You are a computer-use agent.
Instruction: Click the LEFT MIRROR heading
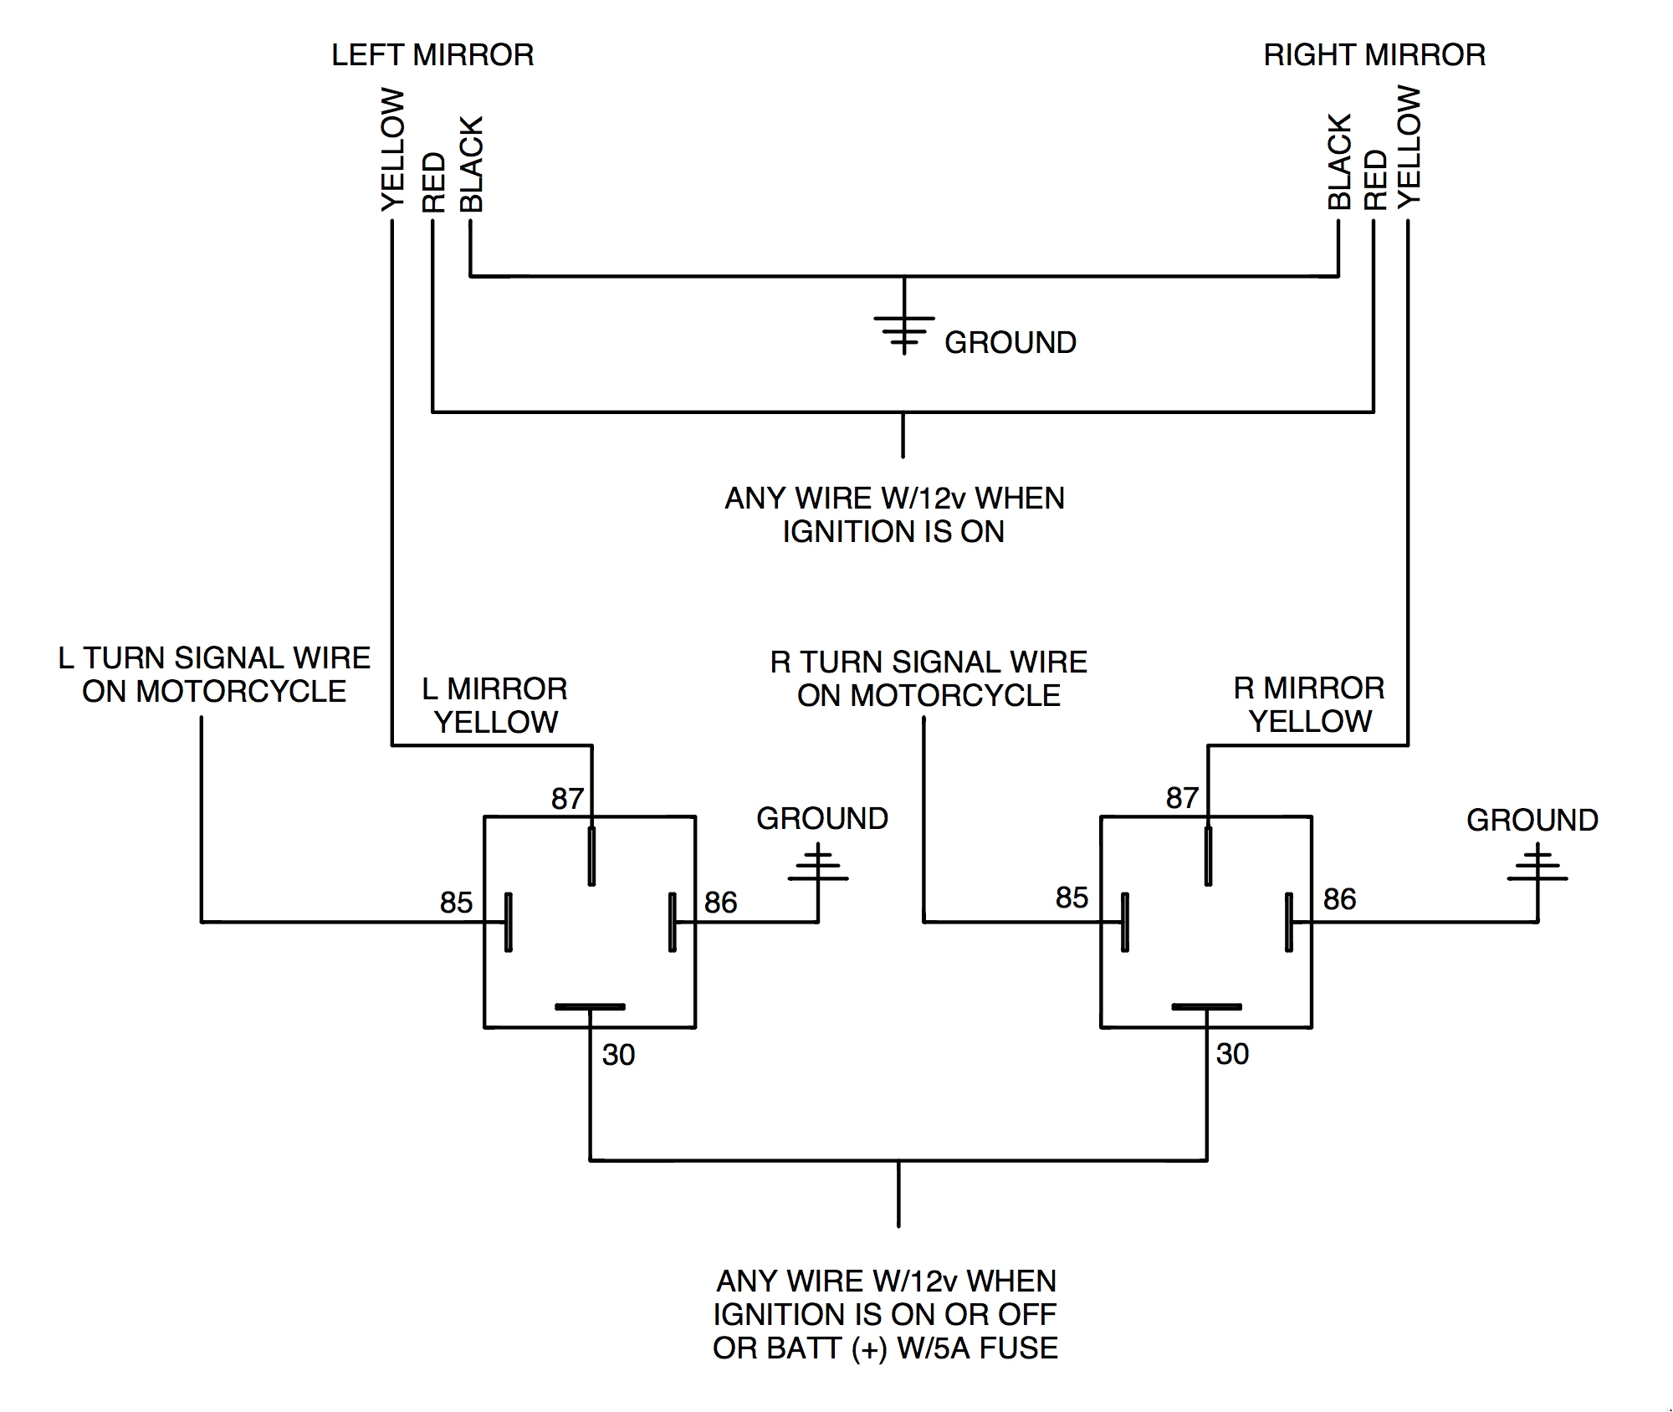[432, 55]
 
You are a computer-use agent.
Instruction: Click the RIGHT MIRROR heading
[1374, 55]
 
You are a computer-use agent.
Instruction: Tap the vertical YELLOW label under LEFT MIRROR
[392, 151]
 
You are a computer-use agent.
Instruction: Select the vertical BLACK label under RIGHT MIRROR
[1339, 162]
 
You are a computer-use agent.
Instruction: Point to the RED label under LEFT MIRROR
[433, 182]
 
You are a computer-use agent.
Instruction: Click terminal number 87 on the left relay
[566, 799]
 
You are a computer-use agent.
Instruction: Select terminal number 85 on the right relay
[1072, 898]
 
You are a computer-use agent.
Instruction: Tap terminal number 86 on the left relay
[720, 903]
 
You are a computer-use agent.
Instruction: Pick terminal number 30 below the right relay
[1232, 1054]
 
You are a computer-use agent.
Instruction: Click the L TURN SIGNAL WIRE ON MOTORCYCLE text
[214, 675]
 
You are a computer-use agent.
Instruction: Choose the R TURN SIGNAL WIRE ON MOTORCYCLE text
[929, 678]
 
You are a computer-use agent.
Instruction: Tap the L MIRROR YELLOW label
[495, 705]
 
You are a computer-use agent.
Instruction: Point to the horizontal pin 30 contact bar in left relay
[590, 1006]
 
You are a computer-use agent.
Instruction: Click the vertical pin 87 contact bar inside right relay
[1208, 856]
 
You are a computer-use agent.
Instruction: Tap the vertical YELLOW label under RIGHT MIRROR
[1410, 146]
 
